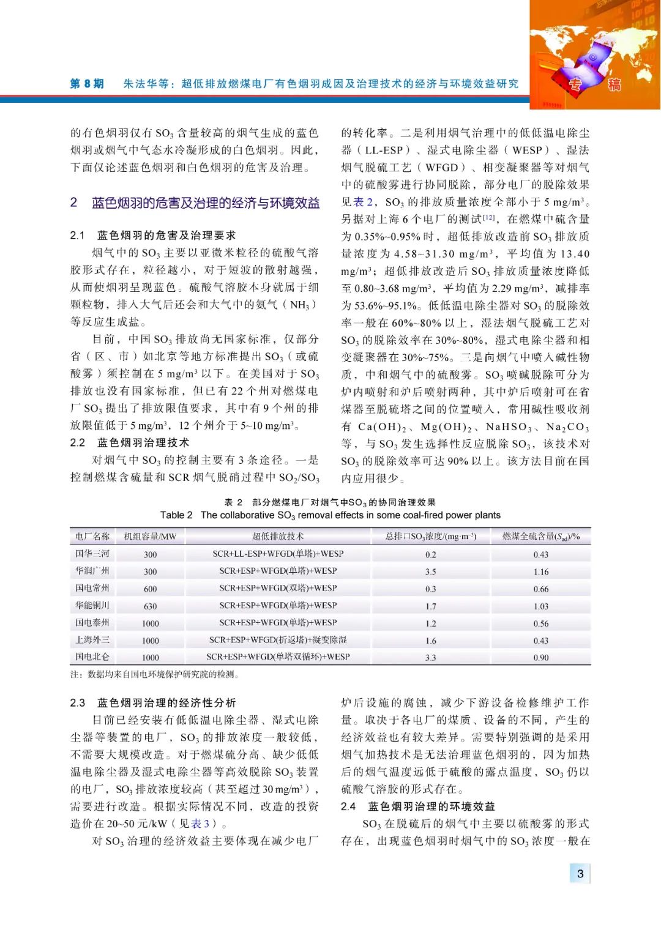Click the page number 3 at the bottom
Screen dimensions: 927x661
(580, 874)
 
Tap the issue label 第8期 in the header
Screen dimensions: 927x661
(87, 84)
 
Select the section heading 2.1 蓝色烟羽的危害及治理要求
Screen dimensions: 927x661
(153, 235)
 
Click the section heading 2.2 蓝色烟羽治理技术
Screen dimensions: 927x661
(130, 442)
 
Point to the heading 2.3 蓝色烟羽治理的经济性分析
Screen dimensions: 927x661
(153, 703)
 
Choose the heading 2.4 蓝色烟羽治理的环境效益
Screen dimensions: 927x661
(418, 806)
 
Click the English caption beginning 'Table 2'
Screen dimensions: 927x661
(330, 515)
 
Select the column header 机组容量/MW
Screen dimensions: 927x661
(150, 537)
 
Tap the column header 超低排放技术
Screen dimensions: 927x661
(278, 537)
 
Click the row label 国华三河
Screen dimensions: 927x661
(92, 554)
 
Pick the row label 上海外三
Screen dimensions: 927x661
(92, 640)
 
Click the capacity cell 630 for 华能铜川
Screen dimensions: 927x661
(150, 606)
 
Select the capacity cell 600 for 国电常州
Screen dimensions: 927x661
(150, 589)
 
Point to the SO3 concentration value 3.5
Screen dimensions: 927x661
(430, 571)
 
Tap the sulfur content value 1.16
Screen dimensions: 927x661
(540, 571)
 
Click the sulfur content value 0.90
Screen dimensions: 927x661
(540, 658)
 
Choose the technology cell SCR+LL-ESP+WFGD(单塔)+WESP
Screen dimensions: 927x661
(278, 554)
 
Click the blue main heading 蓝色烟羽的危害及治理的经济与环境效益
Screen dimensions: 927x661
(205, 203)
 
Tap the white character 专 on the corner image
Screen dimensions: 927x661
(575, 85)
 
